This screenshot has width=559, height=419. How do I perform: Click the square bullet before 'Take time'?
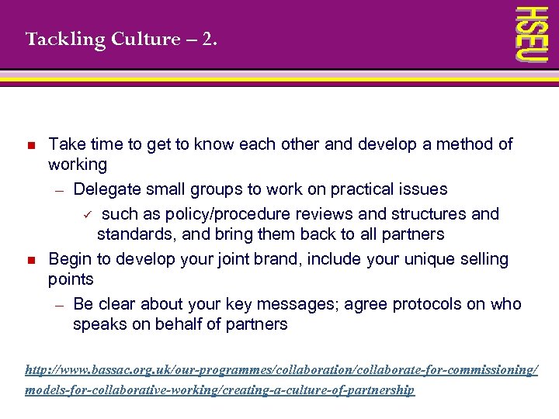(x=31, y=145)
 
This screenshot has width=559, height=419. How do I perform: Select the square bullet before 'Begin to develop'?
(x=31, y=260)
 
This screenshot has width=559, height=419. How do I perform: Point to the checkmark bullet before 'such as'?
(x=89, y=214)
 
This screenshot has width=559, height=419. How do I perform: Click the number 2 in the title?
(x=207, y=39)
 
